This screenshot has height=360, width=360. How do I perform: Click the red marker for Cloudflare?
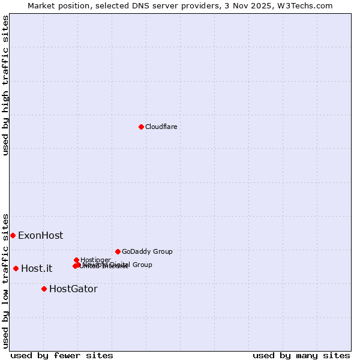pyautogui.click(x=141, y=127)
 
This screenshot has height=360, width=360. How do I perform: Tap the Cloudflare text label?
pyautogui.click(x=161, y=127)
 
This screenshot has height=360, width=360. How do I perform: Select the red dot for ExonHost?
pyautogui.click(x=13, y=235)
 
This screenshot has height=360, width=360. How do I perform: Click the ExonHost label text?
pyautogui.click(x=40, y=236)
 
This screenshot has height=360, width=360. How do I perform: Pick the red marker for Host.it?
pyautogui.click(x=16, y=268)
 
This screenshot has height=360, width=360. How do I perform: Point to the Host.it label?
pyautogui.click(x=37, y=269)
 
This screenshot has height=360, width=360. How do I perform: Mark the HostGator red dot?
pyautogui.click(x=44, y=289)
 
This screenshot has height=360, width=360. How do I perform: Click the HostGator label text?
pyautogui.click(x=73, y=289)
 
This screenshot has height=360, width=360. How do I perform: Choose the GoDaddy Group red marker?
pyautogui.click(x=118, y=251)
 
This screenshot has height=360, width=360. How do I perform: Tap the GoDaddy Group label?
pyautogui.click(x=147, y=251)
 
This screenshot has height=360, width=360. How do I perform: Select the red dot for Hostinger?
pyautogui.click(x=76, y=260)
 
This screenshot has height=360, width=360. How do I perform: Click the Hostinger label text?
pyautogui.click(x=95, y=260)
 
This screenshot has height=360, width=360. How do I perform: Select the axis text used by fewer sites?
pyautogui.click(x=62, y=355)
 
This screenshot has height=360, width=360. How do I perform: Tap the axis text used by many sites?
pyautogui.click(x=301, y=355)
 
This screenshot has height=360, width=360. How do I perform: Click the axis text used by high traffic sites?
pyautogui.click(x=5, y=85)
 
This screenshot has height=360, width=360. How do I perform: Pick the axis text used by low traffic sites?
pyautogui.click(x=5, y=280)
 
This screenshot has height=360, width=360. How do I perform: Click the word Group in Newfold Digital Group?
pyautogui.click(x=142, y=265)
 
